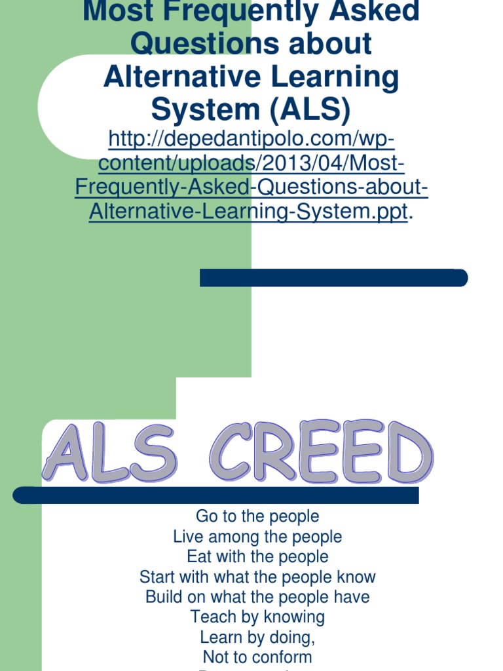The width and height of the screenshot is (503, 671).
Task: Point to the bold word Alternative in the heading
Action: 179,77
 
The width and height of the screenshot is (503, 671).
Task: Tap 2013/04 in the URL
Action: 296,163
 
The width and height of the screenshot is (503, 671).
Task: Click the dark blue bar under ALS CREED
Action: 216,495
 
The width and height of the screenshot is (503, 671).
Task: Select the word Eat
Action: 198,557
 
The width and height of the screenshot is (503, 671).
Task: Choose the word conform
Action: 284,657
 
